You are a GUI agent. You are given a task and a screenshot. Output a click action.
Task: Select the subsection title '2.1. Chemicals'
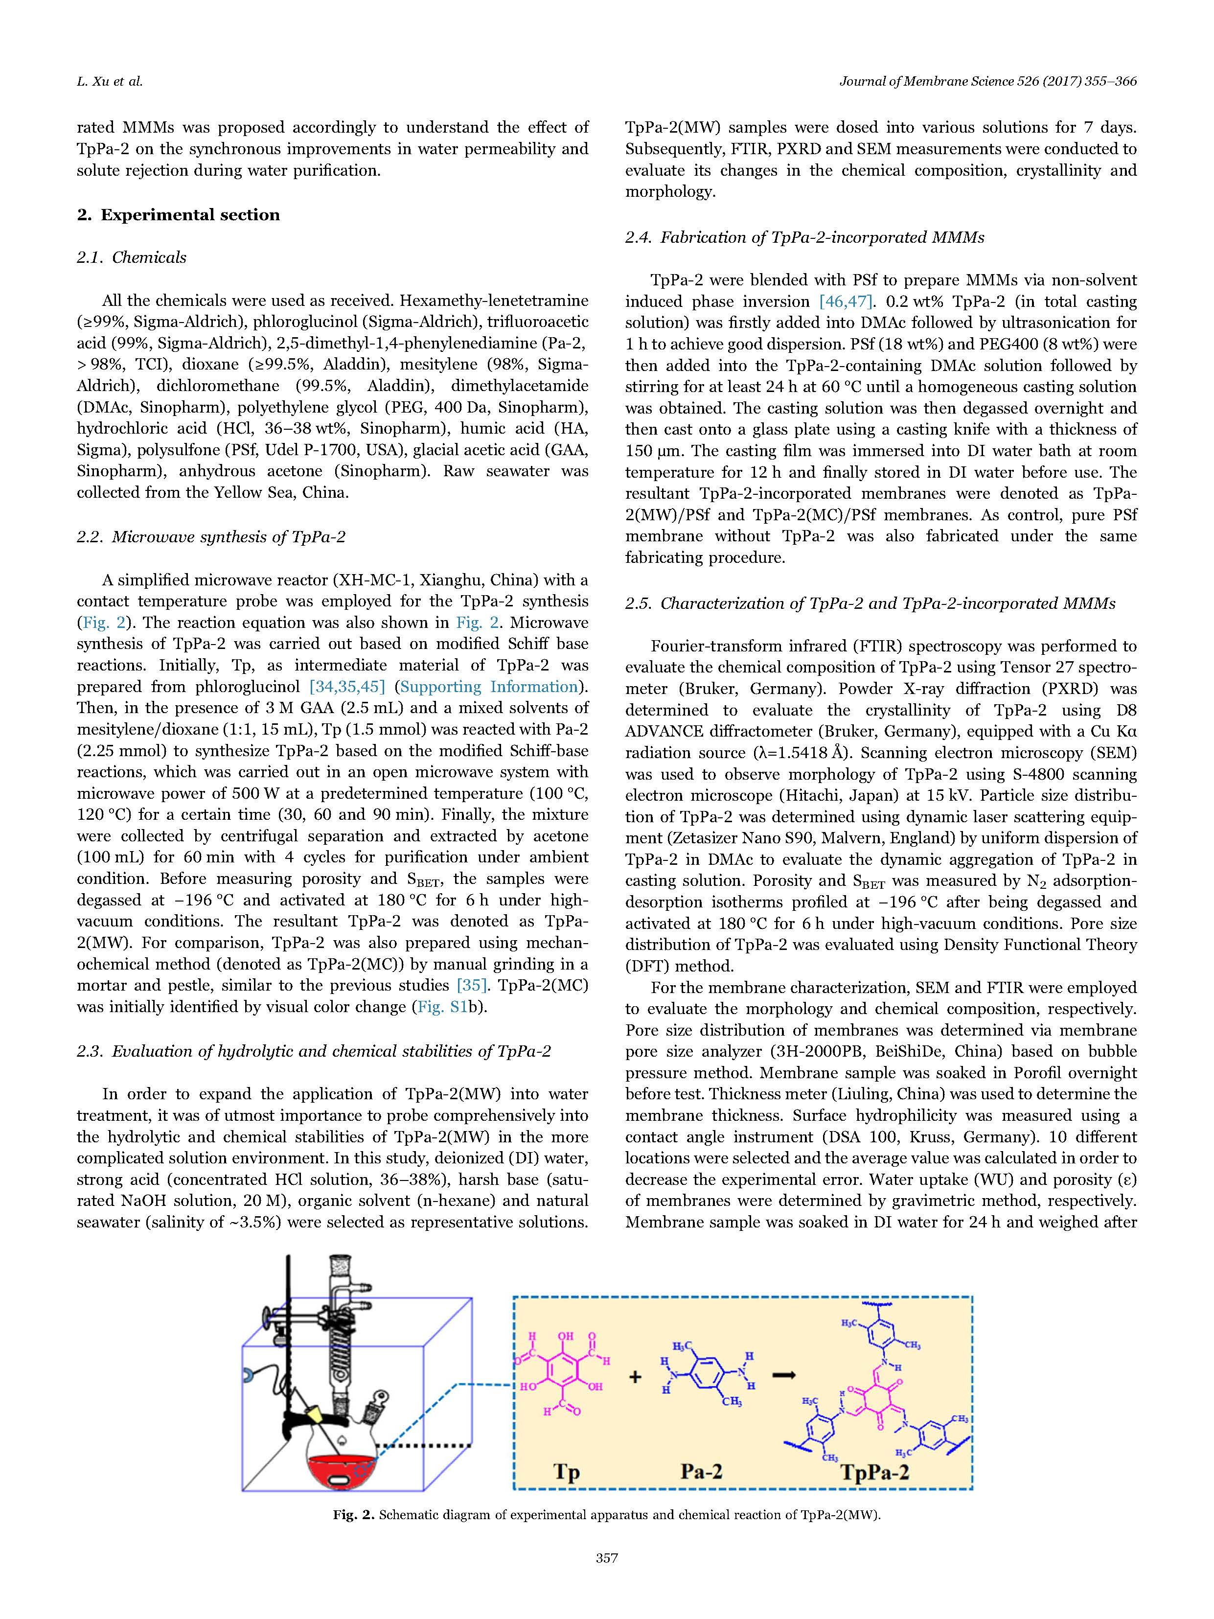(132, 257)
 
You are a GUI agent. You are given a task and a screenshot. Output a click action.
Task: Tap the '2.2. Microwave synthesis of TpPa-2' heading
(211, 537)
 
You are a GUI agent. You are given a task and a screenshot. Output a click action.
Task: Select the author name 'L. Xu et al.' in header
(110, 82)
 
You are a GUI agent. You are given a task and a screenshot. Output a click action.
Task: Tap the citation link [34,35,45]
(347, 687)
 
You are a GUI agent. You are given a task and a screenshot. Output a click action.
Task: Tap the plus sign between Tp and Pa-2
(635, 1377)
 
